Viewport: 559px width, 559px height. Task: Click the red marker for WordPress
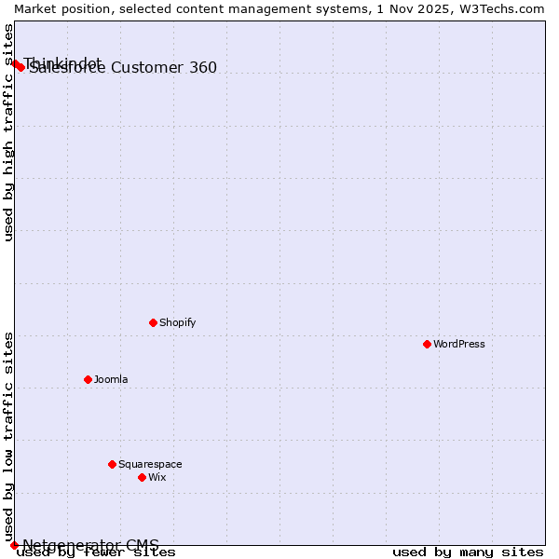pyautogui.click(x=427, y=344)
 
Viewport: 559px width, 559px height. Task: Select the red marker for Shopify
pyautogui.click(x=153, y=322)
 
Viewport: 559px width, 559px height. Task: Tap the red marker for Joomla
pyautogui.click(x=88, y=379)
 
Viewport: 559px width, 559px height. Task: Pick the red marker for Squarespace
pyautogui.click(x=112, y=464)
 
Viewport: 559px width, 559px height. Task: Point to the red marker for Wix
pyautogui.click(x=142, y=477)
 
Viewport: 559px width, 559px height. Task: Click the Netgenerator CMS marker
pyautogui.click(x=14, y=545)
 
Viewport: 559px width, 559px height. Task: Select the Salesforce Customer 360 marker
pyautogui.click(x=20, y=67)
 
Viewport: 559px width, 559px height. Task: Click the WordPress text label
pyautogui.click(x=459, y=344)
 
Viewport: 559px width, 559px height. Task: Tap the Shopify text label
pyautogui.click(x=177, y=322)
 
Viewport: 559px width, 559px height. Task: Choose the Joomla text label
pyautogui.click(x=111, y=379)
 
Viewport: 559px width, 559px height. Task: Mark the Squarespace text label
pyautogui.click(x=150, y=464)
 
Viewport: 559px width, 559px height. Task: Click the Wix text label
pyautogui.click(x=157, y=477)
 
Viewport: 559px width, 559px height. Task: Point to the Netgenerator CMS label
pyautogui.click(x=90, y=545)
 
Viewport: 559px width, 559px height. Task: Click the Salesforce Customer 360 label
pyautogui.click(x=123, y=67)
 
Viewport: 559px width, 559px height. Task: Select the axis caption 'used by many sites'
pyautogui.click(x=468, y=552)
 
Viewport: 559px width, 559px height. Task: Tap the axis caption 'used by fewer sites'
pyautogui.click(x=96, y=552)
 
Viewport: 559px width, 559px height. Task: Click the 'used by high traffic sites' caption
pyautogui.click(x=8, y=132)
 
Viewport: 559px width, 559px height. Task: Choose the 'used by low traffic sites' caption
pyautogui.click(x=8, y=436)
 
